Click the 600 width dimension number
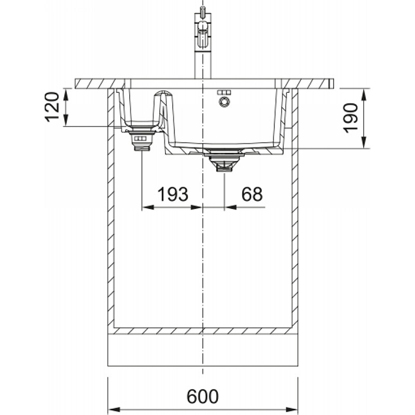click(203, 396)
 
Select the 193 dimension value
click(173, 194)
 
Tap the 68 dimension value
click(252, 194)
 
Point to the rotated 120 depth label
click(52, 107)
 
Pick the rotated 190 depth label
click(350, 118)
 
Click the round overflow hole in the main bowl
click(224, 102)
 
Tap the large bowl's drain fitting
click(224, 160)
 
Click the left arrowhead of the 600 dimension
click(114, 409)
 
